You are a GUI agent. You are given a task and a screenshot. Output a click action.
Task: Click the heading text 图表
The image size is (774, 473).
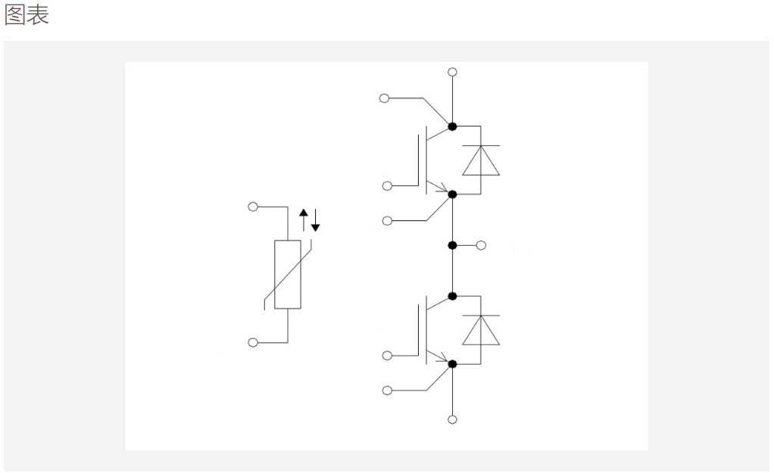pyautogui.click(x=27, y=15)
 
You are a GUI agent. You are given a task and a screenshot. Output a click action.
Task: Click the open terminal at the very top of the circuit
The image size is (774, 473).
pyautogui.click(x=452, y=72)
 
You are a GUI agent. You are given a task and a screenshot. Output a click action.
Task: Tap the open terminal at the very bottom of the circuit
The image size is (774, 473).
pyautogui.click(x=452, y=420)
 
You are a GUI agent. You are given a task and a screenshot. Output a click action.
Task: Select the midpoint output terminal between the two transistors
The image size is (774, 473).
pyautogui.click(x=481, y=245)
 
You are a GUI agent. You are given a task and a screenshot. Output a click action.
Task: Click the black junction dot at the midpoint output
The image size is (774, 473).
pyautogui.click(x=452, y=245)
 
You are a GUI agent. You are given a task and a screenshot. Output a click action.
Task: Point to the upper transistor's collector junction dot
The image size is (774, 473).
pyautogui.click(x=452, y=126)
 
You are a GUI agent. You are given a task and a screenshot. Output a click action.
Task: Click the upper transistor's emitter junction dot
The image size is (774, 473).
pyautogui.click(x=452, y=194)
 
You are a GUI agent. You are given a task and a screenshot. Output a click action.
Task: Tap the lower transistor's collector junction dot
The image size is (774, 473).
pyautogui.click(x=452, y=297)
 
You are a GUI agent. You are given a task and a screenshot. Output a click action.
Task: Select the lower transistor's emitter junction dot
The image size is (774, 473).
pyautogui.click(x=452, y=364)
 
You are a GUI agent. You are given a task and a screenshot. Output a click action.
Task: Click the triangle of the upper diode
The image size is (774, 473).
pyautogui.click(x=481, y=160)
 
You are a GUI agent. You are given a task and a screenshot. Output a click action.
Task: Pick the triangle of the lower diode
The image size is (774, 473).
pyautogui.click(x=481, y=331)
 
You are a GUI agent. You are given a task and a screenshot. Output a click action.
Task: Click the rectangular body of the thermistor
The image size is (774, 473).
pyautogui.click(x=288, y=275)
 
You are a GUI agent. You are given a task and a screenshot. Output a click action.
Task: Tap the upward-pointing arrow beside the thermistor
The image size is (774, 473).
pyautogui.click(x=304, y=220)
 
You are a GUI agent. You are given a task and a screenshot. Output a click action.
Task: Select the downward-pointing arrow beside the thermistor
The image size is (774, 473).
pyautogui.click(x=315, y=220)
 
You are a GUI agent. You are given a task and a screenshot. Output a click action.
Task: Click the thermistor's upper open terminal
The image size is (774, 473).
pyautogui.click(x=253, y=207)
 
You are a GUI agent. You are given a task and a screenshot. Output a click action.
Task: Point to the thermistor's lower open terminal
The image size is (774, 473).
pyautogui.click(x=253, y=342)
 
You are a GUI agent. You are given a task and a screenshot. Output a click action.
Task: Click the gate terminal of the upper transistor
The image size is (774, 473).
pyautogui.click(x=388, y=186)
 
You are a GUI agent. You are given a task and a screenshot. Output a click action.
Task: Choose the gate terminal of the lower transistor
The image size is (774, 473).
pyautogui.click(x=388, y=356)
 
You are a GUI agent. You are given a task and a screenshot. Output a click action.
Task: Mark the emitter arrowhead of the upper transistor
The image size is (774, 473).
pyautogui.click(x=443, y=189)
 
